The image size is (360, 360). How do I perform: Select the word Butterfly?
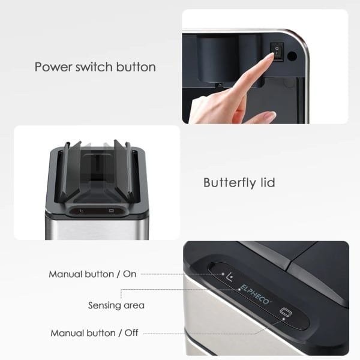point(229,183)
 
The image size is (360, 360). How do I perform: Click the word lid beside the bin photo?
point(267,182)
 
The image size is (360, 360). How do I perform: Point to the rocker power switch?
point(277,52)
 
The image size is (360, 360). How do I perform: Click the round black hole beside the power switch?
point(292,56)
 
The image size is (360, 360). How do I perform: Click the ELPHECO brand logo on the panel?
point(254,295)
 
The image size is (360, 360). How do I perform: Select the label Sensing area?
point(116,305)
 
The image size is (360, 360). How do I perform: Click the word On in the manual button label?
point(130,274)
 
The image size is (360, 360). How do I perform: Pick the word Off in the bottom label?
point(131,332)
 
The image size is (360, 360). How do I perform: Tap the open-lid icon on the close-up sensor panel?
point(230,277)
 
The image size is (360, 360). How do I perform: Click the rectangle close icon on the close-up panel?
point(286,312)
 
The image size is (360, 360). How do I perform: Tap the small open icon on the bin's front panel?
point(82,211)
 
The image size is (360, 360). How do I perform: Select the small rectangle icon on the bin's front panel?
point(112,211)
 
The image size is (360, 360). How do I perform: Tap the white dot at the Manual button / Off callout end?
point(284,319)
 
